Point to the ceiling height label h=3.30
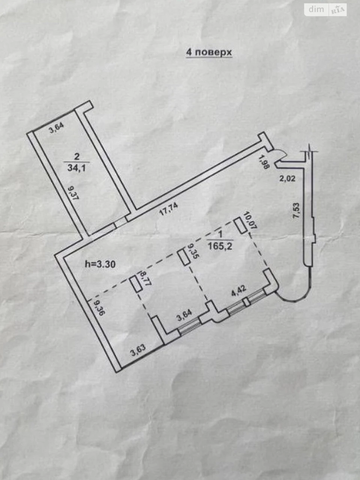(100, 265)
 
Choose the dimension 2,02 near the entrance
(287, 178)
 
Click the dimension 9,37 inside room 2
(73, 192)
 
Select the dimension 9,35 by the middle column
(192, 252)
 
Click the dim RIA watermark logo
(325, 10)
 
